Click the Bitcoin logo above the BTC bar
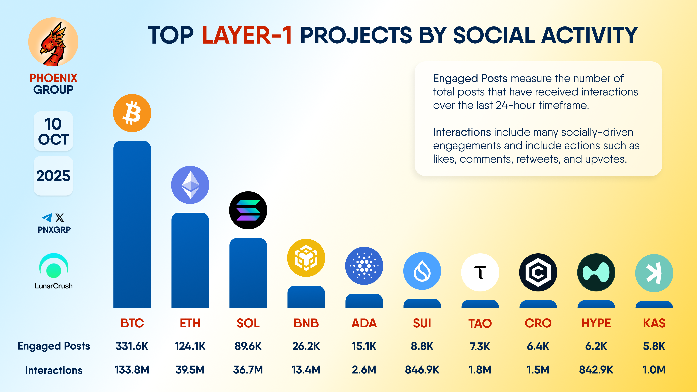132,113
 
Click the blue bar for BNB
306,297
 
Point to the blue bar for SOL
248,273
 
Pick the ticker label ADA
364,323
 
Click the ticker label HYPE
596,323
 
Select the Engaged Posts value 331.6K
132,346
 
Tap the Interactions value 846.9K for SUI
422,369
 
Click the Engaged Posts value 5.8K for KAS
654,346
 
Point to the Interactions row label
54,370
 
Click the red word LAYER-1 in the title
247,35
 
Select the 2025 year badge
53,176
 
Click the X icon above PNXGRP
60,218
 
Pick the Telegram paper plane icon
47,218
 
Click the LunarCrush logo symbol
54,266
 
